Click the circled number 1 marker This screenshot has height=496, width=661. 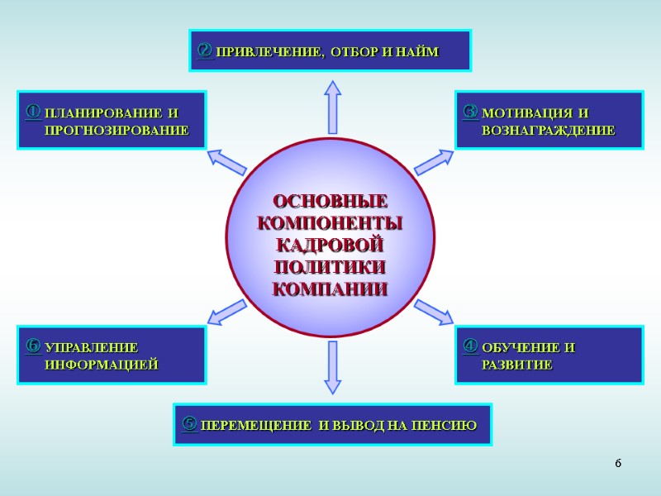(33, 110)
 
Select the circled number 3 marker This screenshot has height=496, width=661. (470, 110)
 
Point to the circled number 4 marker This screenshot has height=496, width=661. (470, 345)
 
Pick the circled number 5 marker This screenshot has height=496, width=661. (188, 424)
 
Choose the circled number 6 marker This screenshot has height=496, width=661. (33, 345)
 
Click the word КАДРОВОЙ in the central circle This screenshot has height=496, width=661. (330, 246)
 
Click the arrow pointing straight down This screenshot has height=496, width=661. (332, 367)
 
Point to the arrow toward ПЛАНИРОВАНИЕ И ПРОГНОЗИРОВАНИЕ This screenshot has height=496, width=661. (226, 161)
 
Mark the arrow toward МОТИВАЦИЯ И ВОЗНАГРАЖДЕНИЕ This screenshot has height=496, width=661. (434, 161)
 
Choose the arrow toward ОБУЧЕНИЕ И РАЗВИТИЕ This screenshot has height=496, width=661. (434, 312)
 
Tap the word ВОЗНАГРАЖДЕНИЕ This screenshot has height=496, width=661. (548, 131)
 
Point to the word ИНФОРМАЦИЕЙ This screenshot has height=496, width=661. (101, 365)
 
